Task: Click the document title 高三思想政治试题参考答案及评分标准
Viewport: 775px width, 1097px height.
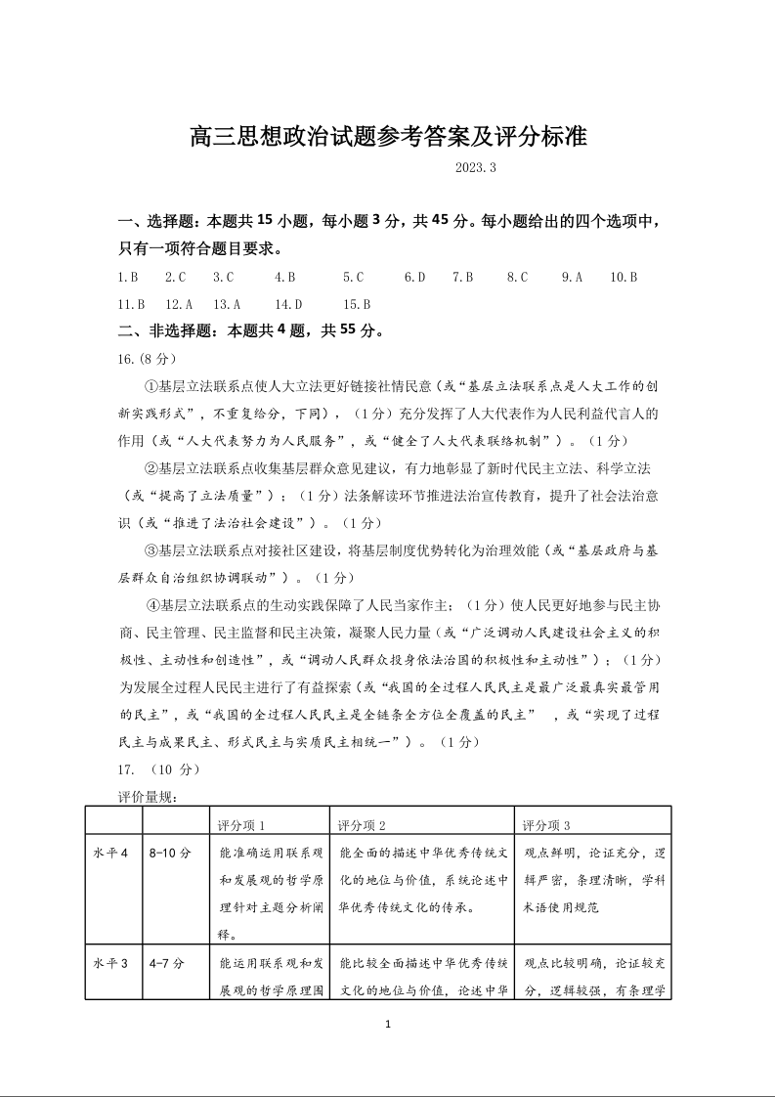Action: (x=388, y=136)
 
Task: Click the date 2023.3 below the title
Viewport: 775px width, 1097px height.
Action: (x=476, y=168)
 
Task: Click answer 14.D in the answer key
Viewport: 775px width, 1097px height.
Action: (x=288, y=304)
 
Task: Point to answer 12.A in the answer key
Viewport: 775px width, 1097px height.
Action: (x=179, y=304)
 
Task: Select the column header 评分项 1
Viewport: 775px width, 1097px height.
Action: (x=241, y=825)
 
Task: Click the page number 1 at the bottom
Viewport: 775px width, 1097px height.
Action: (x=388, y=1025)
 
